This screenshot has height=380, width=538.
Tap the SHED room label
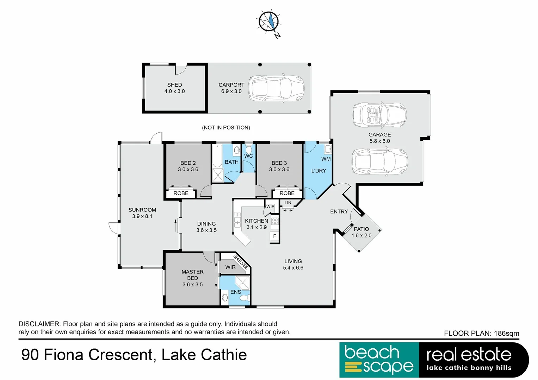pyautogui.click(x=174, y=85)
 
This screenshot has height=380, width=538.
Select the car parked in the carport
pyautogui.click(x=276, y=89)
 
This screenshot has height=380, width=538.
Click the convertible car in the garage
pyautogui.click(x=379, y=115)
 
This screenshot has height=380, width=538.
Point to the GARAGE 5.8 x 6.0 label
pyautogui.click(x=379, y=138)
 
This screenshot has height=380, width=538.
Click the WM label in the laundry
pyautogui.click(x=326, y=159)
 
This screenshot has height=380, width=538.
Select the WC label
pyautogui.click(x=248, y=156)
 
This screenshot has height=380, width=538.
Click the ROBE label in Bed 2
pyautogui.click(x=181, y=194)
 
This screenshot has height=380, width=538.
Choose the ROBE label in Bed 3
pyautogui.click(x=287, y=194)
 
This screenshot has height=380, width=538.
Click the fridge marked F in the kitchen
pyautogui.click(x=274, y=236)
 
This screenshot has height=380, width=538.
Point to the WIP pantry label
pyautogui.click(x=270, y=207)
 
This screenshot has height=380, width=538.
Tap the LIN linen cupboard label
pyautogui.click(x=288, y=203)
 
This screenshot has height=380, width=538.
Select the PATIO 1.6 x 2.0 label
pyautogui.click(x=361, y=232)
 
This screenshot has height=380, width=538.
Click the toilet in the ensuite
pyautogui.click(x=244, y=298)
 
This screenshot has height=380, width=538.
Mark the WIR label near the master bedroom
pyautogui.click(x=230, y=267)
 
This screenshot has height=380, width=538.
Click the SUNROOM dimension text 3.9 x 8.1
pyautogui.click(x=142, y=216)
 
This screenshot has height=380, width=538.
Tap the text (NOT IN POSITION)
pyautogui.click(x=226, y=128)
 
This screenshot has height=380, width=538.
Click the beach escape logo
pyautogui.click(x=379, y=360)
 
